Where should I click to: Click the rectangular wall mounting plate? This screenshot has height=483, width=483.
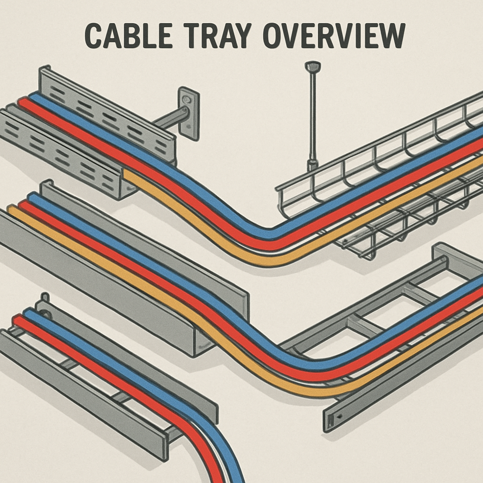point(188,113)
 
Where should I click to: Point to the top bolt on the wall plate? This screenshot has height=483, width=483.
point(188,100)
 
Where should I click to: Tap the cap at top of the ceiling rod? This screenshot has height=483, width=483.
point(312,67)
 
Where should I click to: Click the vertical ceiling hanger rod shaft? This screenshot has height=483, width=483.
point(312,118)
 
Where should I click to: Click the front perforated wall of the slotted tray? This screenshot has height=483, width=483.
point(57,151)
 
